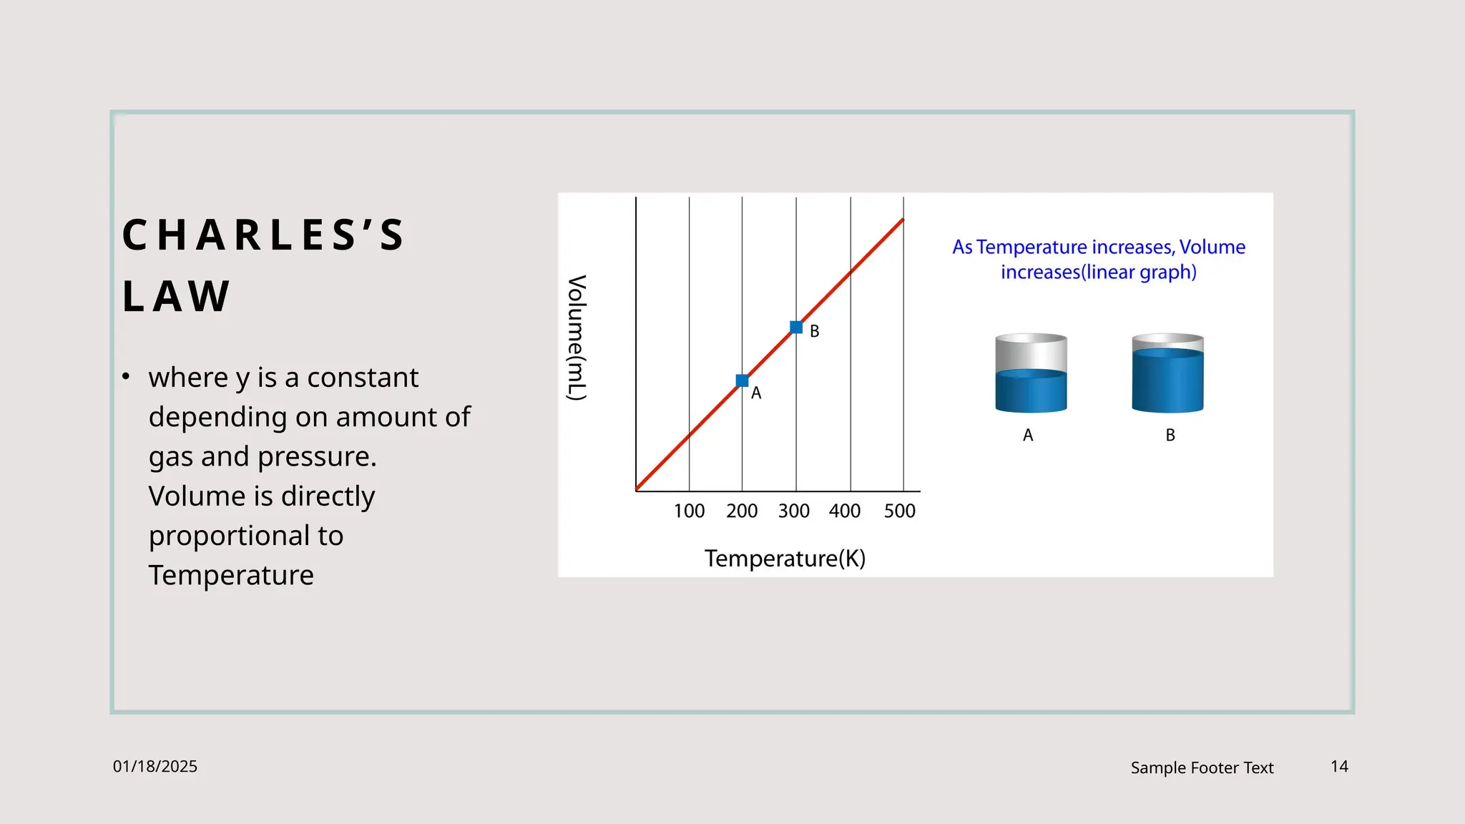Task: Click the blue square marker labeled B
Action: (796, 328)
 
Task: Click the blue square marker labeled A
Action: (742, 381)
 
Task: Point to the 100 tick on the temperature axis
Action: (689, 511)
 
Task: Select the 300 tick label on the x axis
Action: (793, 511)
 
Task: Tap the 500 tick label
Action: (899, 511)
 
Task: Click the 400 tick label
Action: (845, 511)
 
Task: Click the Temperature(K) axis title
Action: (785, 559)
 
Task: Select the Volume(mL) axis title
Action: (577, 338)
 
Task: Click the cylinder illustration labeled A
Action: (1031, 373)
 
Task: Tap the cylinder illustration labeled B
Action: (1167, 373)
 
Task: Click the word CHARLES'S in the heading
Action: (264, 235)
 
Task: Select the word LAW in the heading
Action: (176, 296)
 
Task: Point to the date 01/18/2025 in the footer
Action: (155, 767)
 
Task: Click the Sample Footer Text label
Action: (1202, 768)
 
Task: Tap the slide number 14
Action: (1339, 767)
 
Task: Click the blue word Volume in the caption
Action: (1212, 247)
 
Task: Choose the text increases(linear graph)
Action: (1098, 273)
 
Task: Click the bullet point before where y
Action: (126, 376)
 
